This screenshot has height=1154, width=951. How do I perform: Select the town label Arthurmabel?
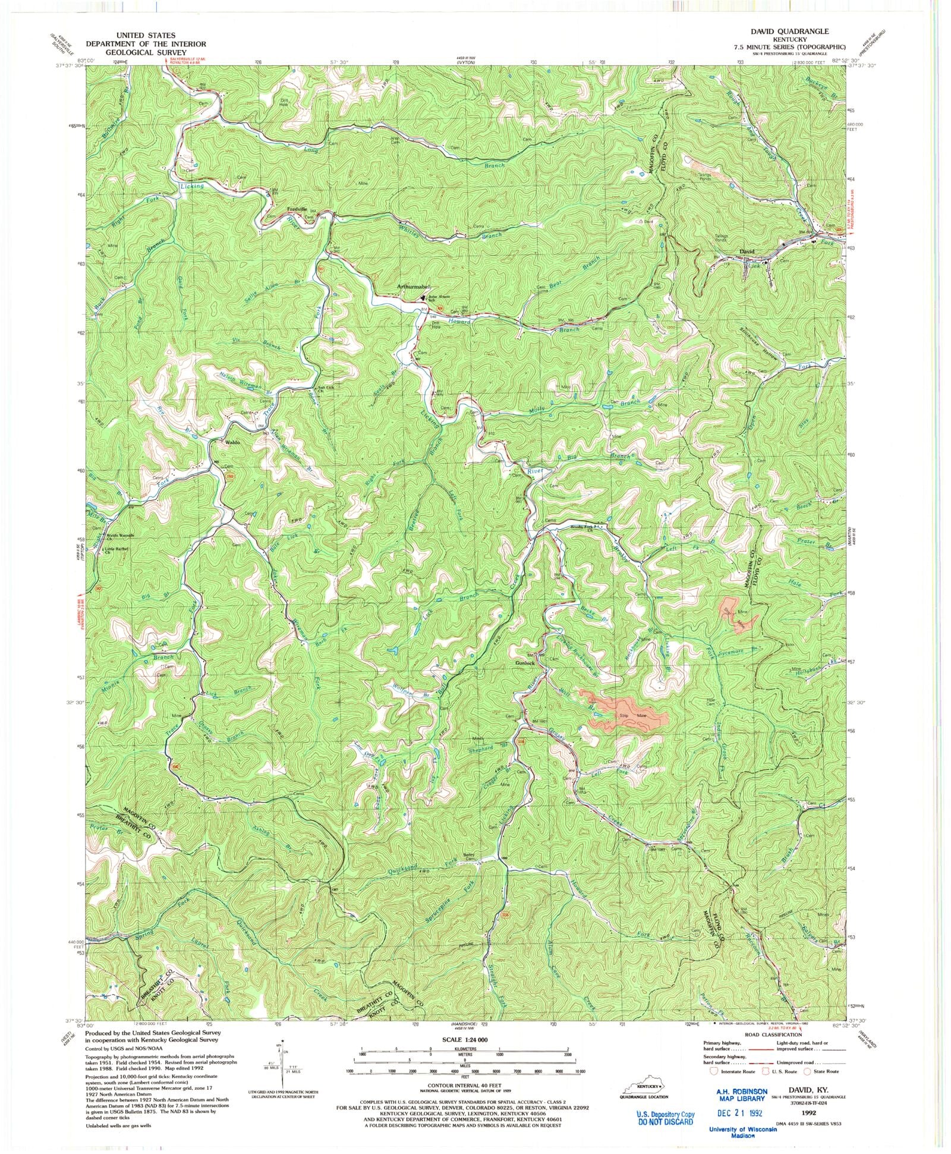click(x=413, y=287)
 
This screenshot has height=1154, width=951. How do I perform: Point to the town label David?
click(x=745, y=251)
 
